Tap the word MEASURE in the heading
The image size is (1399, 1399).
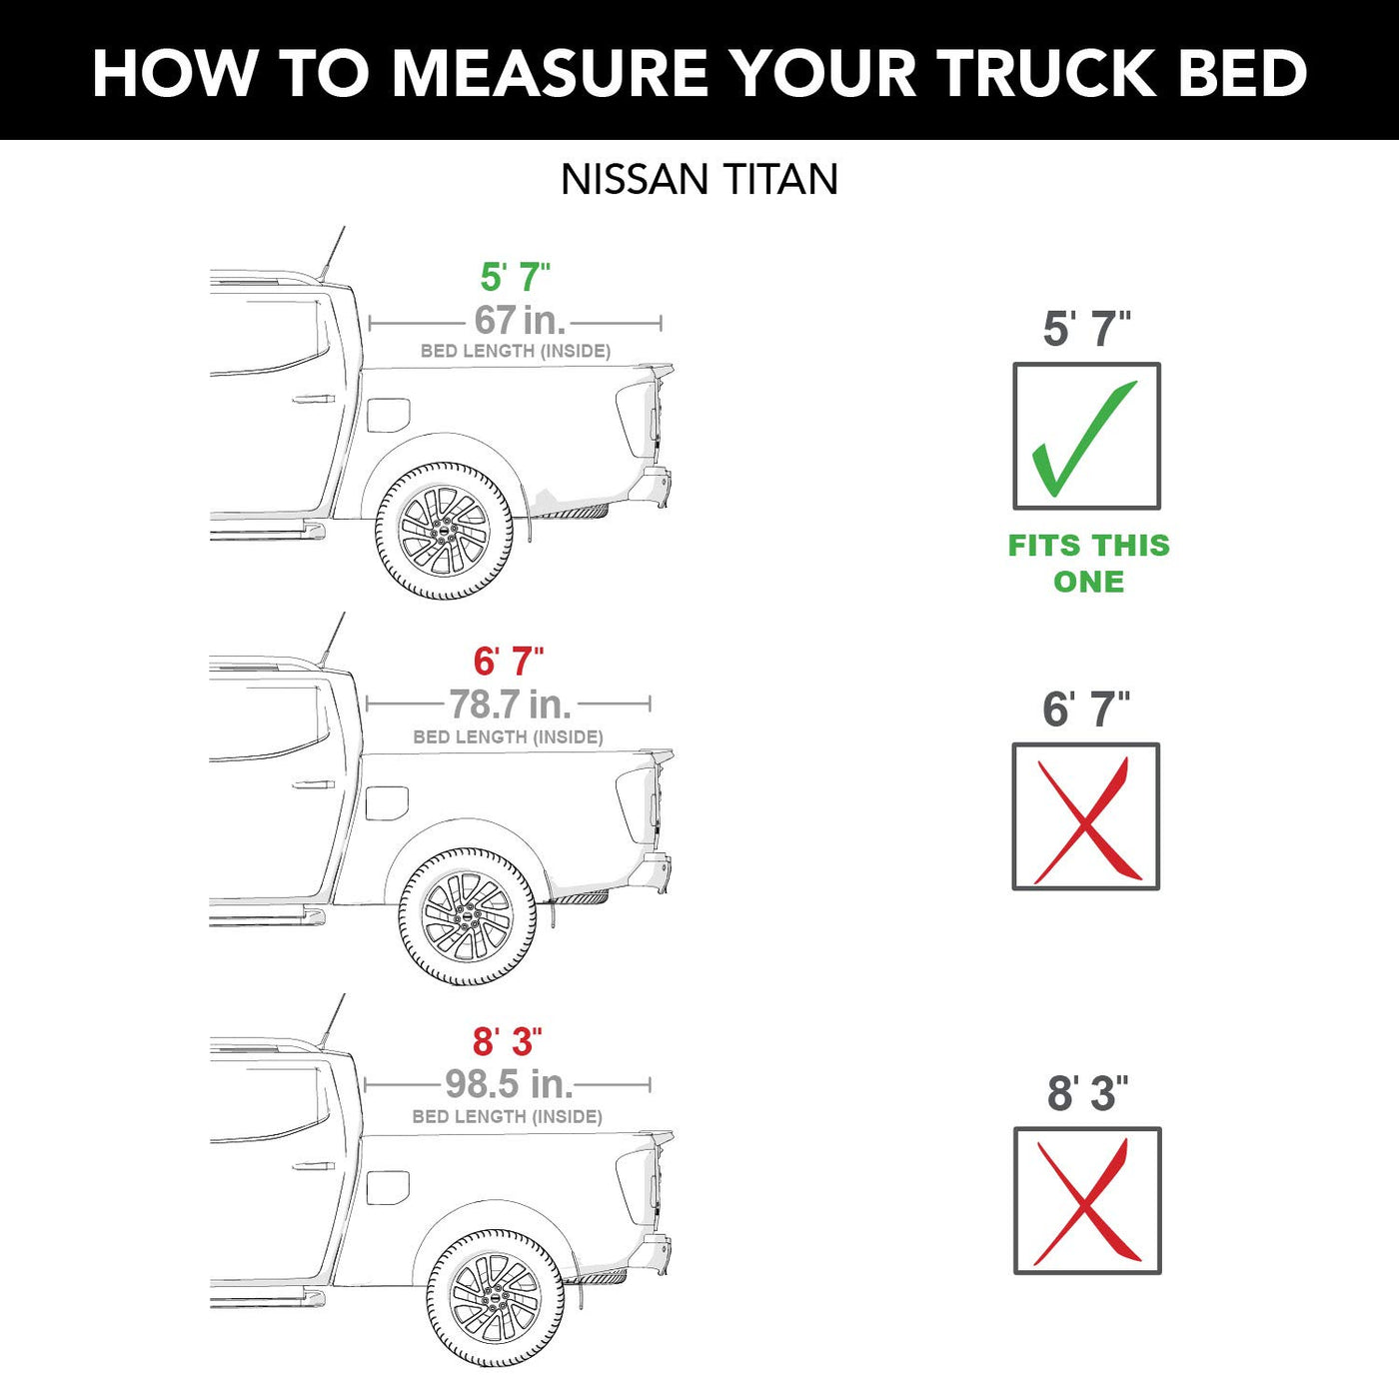tap(550, 73)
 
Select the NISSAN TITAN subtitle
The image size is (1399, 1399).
tap(699, 179)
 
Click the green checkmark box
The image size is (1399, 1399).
tap(1087, 436)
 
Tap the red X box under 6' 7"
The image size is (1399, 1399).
tap(1086, 816)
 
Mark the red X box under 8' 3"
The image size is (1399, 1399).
tap(1087, 1200)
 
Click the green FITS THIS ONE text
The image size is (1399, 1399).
tap(1089, 563)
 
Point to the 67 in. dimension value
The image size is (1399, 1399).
tap(520, 320)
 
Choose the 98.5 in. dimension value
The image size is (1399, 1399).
tap(509, 1084)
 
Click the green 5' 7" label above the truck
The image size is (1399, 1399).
tap(516, 277)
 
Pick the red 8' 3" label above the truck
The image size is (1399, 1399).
tap(508, 1041)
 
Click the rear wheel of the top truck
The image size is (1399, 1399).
tap(445, 532)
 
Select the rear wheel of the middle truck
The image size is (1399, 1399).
tap(469, 916)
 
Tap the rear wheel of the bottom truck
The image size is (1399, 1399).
tap(496, 1298)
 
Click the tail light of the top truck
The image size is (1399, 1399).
tap(637, 419)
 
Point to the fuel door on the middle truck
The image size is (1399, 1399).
tap(387, 802)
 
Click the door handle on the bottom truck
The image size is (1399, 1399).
tap(313, 1166)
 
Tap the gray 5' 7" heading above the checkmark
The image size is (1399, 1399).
tap(1087, 329)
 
